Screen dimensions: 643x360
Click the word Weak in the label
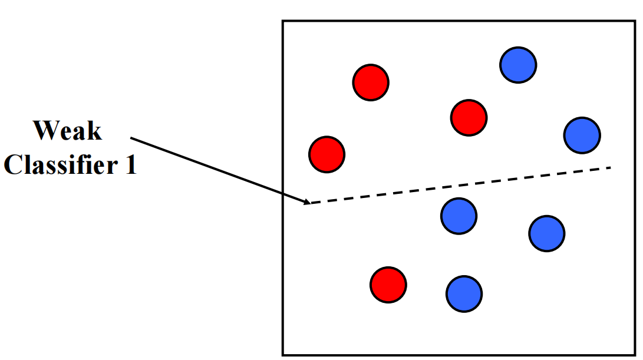[67, 130]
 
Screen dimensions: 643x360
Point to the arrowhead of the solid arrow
[306, 203]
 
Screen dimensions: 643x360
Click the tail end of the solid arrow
[131, 138]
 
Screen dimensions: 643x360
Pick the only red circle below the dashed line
[388, 285]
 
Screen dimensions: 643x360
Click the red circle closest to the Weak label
[327, 154]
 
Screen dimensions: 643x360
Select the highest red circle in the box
[371, 82]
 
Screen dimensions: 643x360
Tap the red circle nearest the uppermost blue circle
[469, 117]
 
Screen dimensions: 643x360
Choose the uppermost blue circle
[518, 65]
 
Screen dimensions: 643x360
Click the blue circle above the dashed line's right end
[582, 135]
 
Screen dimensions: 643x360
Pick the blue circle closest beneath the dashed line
[459, 216]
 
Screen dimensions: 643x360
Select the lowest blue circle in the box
[464, 293]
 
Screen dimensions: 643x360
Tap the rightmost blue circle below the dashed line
[546, 233]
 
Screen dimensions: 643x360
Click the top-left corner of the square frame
[283, 21]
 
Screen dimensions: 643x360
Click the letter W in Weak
[45, 130]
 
